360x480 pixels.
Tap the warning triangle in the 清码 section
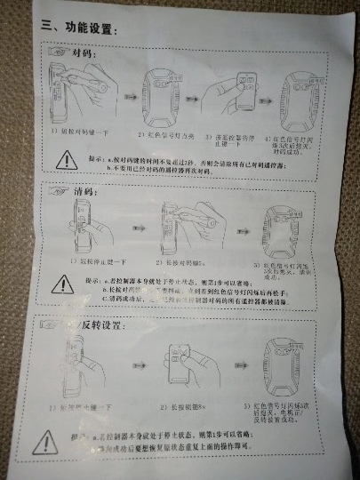63,284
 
